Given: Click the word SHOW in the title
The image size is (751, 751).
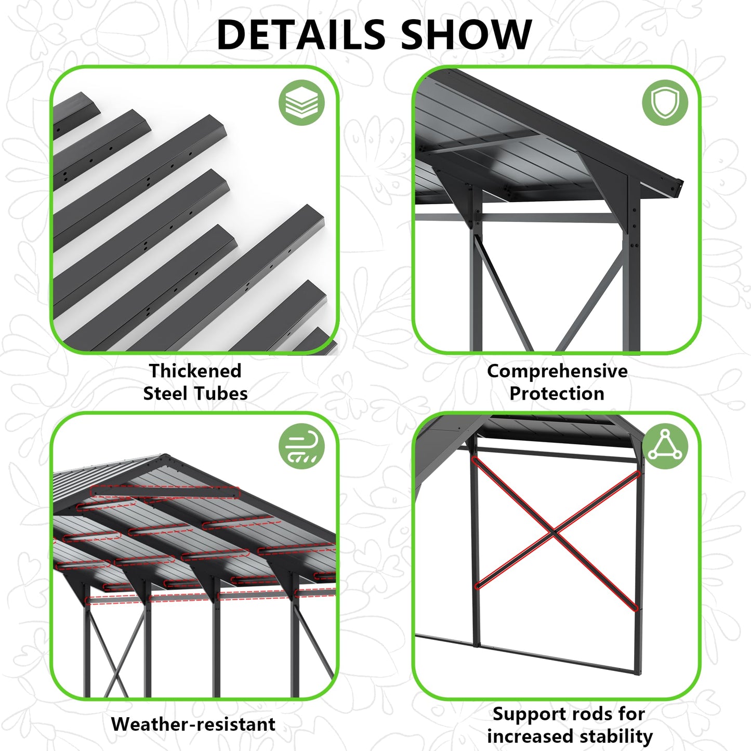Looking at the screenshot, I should click(x=466, y=35).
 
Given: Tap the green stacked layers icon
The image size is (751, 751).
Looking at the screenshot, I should click(x=301, y=102).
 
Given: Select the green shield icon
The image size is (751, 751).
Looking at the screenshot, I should click(x=665, y=102).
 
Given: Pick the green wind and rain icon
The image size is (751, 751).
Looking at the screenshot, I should click(x=301, y=446).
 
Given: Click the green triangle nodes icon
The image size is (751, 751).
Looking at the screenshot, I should click(x=665, y=446).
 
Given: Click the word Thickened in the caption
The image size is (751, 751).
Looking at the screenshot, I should click(x=195, y=371).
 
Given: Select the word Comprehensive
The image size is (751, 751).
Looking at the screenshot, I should click(x=557, y=371).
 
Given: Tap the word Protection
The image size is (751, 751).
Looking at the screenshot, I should click(x=557, y=393).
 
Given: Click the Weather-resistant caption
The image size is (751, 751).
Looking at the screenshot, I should click(x=193, y=724).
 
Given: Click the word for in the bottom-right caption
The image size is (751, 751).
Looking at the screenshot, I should click(x=632, y=714).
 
